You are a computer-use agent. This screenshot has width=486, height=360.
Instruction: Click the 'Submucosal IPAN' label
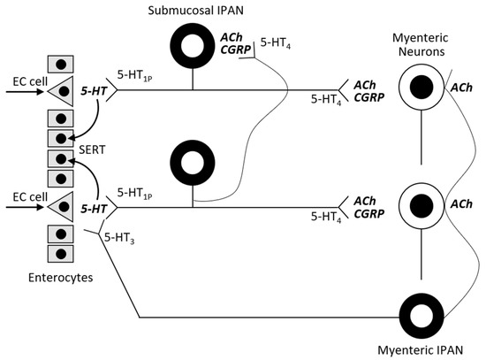(x=193, y=9)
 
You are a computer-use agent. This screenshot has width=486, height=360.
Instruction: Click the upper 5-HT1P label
(x=134, y=77)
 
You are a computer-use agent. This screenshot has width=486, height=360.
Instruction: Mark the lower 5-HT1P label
(x=134, y=193)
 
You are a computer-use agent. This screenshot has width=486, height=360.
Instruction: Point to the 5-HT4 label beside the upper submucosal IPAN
(x=274, y=42)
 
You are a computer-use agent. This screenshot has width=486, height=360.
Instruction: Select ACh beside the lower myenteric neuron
(x=460, y=204)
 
